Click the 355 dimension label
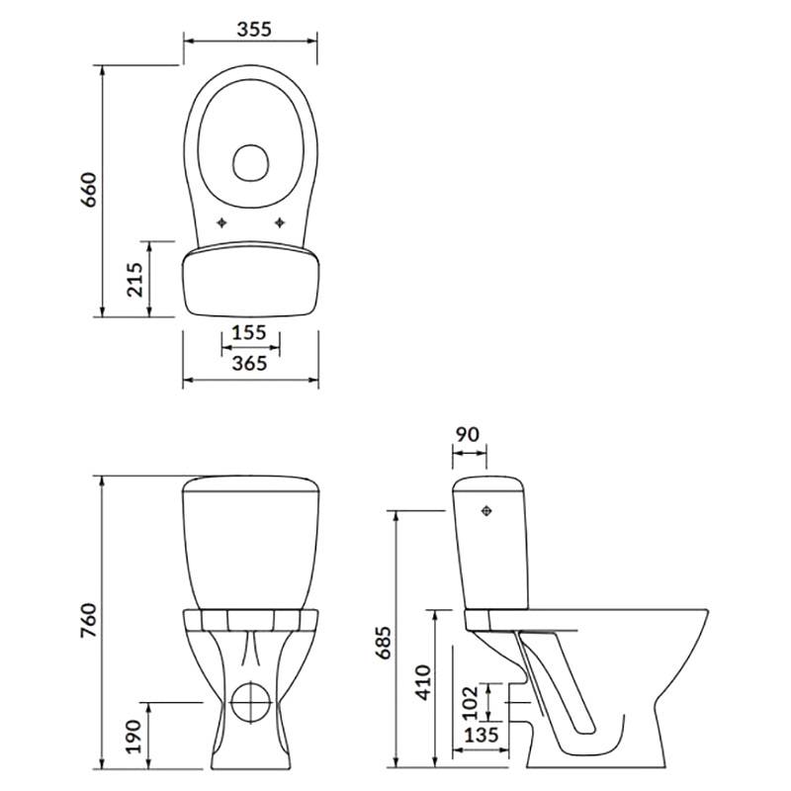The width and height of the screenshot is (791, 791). [254, 30]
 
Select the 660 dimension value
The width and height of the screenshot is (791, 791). [88, 190]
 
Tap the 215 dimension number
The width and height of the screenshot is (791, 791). [135, 279]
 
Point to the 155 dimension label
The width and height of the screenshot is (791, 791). [249, 332]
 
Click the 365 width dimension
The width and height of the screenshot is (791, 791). [249, 363]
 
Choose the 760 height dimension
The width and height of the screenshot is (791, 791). [88, 620]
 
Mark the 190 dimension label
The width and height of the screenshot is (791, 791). [133, 737]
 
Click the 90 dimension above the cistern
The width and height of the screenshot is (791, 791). [467, 434]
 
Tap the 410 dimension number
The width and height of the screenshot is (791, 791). [424, 682]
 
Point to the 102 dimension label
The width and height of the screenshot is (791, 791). [470, 703]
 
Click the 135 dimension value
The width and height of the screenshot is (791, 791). [482, 735]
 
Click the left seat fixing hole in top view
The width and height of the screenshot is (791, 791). [221, 222]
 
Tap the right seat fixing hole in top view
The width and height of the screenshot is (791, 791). [279, 222]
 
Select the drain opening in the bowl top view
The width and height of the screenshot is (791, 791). [251, 162]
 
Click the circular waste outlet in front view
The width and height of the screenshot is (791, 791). [251, 702]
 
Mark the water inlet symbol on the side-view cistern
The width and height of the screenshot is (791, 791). [486, 511]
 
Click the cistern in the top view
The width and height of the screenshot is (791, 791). [251, 280]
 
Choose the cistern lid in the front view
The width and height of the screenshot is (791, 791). [251, 483]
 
